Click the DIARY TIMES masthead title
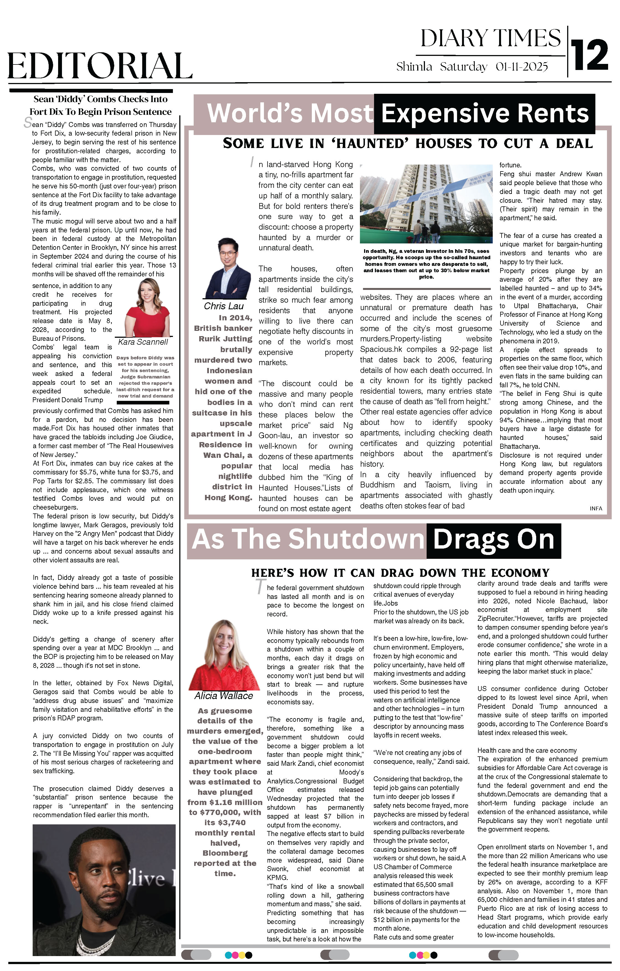(491, 39)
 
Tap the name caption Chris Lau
(224, 306)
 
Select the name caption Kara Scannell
(143, 342)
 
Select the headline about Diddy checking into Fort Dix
(100, 105)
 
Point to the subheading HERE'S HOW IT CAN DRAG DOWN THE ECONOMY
(400, 573)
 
